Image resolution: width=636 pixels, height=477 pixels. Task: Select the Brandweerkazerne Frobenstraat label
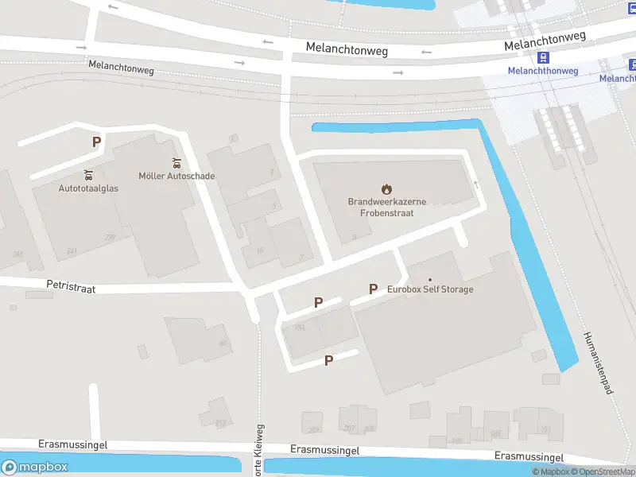tap(387, 207)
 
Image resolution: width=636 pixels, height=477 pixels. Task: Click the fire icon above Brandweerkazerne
tap(387, 189)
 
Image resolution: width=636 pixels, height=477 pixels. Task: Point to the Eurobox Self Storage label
tap(430, 289)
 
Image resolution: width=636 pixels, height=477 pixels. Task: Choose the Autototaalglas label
tap(88, 188)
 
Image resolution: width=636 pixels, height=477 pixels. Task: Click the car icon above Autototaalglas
tap(88, 174)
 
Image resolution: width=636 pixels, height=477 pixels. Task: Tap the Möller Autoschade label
tap(176, 176)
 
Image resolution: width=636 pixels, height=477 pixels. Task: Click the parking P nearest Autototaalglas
tap(97, 142)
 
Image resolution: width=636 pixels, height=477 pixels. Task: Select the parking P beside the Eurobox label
tap(372, 289)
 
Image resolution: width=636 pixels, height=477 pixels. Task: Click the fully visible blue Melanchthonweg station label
tap(543, 71)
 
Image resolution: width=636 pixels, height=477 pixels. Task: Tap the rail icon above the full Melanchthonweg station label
tap(544, 57)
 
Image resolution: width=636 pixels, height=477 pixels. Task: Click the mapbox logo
tap(36, 467)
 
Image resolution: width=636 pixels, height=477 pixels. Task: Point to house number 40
tap(223, 343)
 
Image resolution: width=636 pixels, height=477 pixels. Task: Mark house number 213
tap(222, 422)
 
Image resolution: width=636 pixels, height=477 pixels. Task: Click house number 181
tap(545, 430)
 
